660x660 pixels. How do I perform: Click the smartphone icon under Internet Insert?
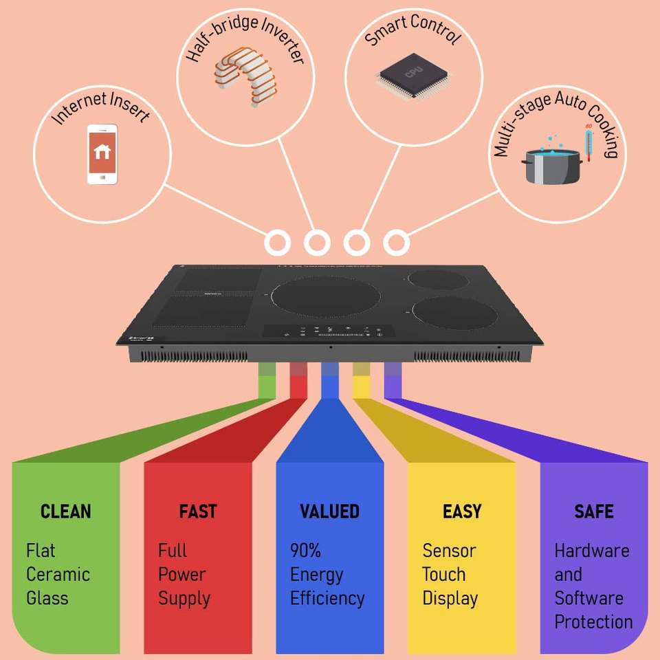pos(102,154)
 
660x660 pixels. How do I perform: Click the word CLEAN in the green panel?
pos(66,511)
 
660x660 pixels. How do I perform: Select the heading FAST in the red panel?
pos(197,511)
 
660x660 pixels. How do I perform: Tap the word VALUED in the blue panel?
pos(329,511)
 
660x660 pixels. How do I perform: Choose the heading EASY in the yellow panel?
pos(461,511)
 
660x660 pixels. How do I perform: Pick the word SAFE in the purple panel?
pos(593,511)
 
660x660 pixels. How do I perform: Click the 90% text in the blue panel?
pos(305,551)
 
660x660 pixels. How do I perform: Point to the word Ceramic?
pos(58,574)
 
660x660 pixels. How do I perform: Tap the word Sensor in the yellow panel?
pos(449,551)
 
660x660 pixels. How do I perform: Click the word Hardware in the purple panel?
pos(592,551)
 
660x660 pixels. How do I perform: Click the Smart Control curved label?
pos(412,30)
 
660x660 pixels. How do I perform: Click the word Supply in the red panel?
pos(184,598)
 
